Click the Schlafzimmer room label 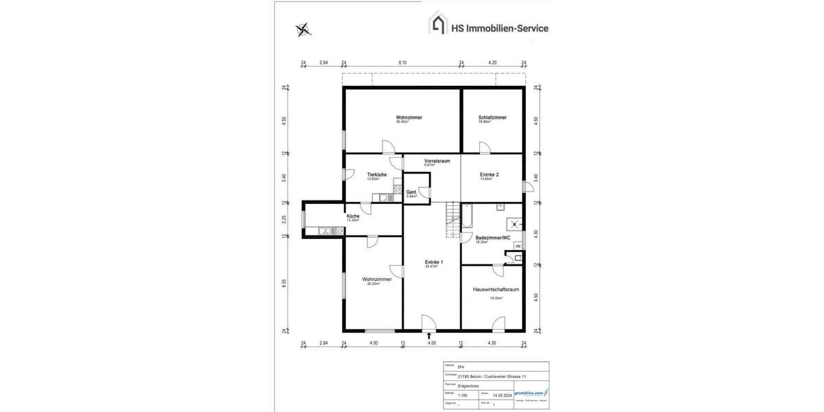(492, 117)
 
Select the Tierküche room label (376, 174)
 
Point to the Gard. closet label (412, 192)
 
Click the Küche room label (353, 216)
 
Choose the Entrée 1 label (434, 262)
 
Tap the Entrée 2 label (489, 174)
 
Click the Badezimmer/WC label (493, 238)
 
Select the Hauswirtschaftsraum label (496, 290)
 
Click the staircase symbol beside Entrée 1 (453, 220)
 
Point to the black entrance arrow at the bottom (430, 336)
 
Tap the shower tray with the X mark (513, 222)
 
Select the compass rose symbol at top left (303, 30)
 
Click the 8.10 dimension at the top (402, 62)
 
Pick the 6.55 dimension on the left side (284, 283)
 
